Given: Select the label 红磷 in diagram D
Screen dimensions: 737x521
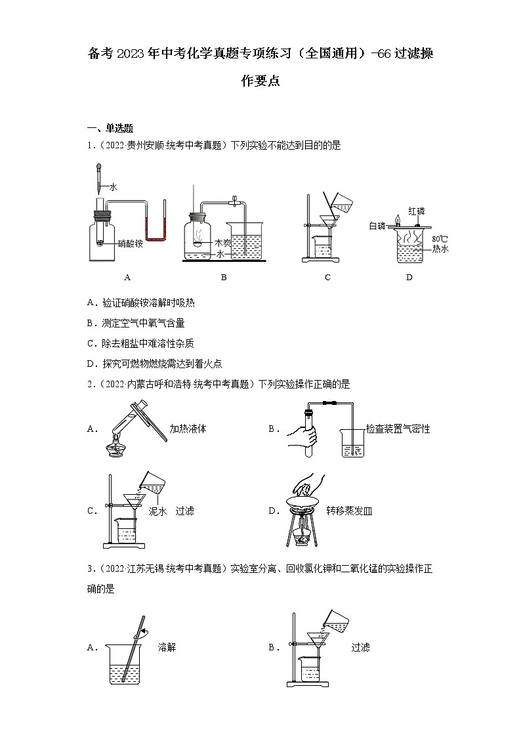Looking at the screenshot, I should pyautogui.click(x=416, y=211).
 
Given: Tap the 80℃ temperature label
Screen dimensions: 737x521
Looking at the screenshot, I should pyautogui.click(x=439, y=239).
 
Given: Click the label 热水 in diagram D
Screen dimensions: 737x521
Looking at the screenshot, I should pyautogui.click(x=440, y=249).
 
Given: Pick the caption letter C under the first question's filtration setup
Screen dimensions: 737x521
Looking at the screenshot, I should pyautogui.click(x=327, y=277).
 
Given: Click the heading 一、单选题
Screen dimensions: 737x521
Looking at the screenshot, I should pyautogui.click(x=110, y=129).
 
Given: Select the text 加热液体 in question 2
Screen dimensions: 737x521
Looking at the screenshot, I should pyautogui.click(x=188, y=429).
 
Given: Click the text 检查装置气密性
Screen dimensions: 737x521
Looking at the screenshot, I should pyautogui.click(x=398, y=429).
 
